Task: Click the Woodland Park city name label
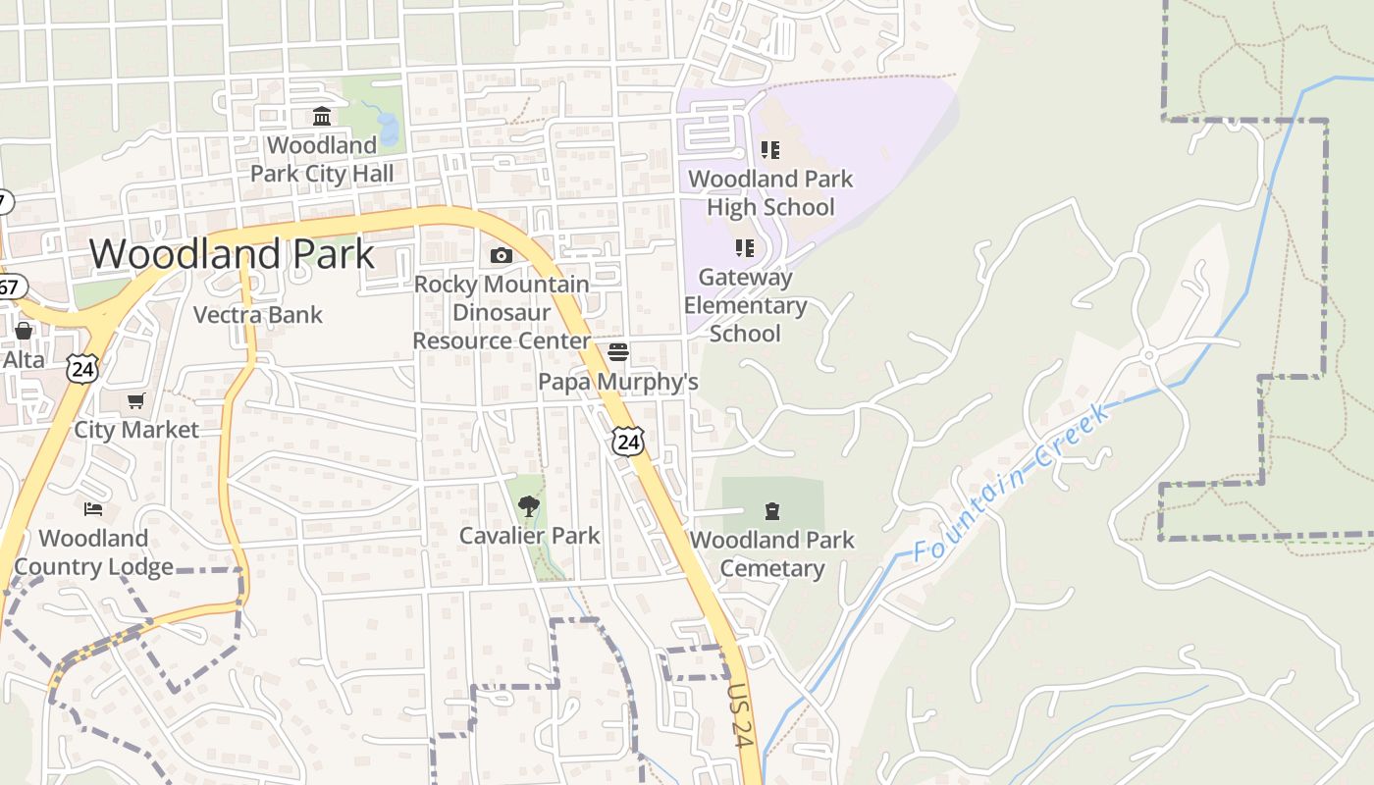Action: [x=232, y=254]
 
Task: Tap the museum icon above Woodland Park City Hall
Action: [x=321, y=117]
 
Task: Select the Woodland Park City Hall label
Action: [x=322, y=160]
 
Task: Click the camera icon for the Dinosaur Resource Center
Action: [x=501, y=256]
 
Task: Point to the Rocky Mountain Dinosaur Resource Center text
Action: [x=502, y=312]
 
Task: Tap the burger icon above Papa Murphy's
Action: [x=618, y=351]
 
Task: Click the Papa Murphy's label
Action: [x=618, y=381]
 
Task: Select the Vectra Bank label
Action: [x=258, y=315]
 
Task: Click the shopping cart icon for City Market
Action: [x=136, y=400]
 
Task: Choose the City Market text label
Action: [x=136, y=430]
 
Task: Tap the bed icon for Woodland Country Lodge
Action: [x=93, y=509]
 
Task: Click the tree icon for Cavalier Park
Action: [x=529, y=506]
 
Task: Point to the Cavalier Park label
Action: [x=530, y=536]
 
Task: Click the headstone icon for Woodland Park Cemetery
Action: [x=772, y=510]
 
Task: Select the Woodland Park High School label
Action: [x=770, y=193]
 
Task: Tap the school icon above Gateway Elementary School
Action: [x=744, y=248]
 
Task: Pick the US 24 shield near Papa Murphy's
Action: [x=628, y=441]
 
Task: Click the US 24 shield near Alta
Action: [x=83, y=368]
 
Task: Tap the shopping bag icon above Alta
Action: [x=24, y=331]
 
